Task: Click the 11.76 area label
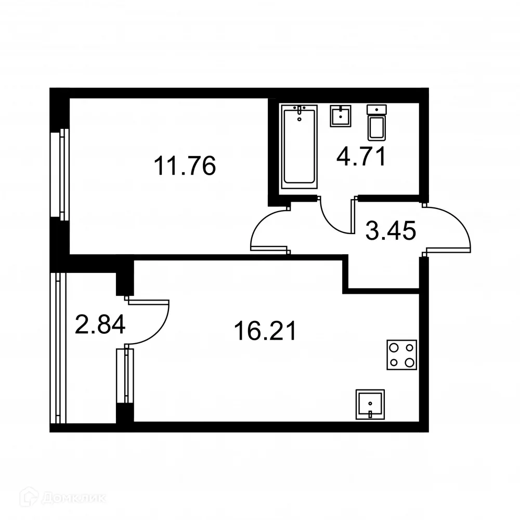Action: click(x=184, y=166)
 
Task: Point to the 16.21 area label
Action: click(x=265, y=331)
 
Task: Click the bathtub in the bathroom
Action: click(x=299, y=146)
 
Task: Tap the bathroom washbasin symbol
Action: click(x=341, y=116)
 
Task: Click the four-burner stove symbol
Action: click(x=401, y=355)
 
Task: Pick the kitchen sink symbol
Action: click(x=370, y=405)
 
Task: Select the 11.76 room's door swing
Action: click(x=268, y=231)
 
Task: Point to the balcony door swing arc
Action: click(x=151, y=322)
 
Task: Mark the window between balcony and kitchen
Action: click(x=125, y=376)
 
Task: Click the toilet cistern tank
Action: click(x=377, y=109)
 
